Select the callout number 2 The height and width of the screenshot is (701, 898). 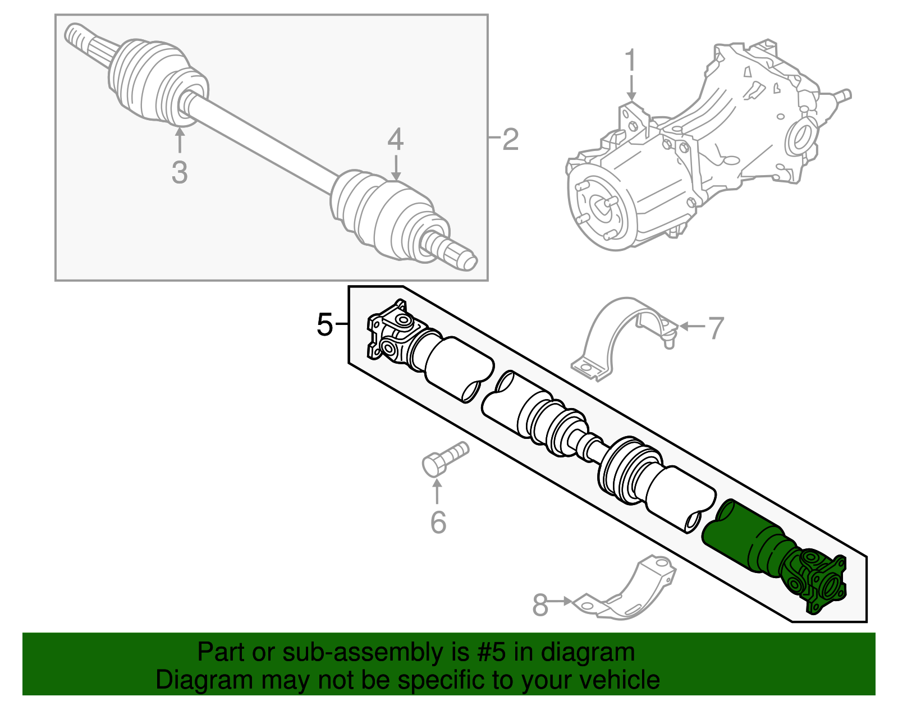[510, 139]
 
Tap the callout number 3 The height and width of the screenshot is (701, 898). [180, 172]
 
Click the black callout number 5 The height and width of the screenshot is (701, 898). [325, 324]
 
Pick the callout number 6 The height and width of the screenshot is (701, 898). [438, 523]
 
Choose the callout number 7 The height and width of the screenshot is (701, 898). [716, 328]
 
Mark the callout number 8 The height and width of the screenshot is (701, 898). [540, 605]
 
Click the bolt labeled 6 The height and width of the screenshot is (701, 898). [443, 459]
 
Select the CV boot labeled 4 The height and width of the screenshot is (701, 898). [382, 213]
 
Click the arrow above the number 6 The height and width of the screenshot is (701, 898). [437, 491]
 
